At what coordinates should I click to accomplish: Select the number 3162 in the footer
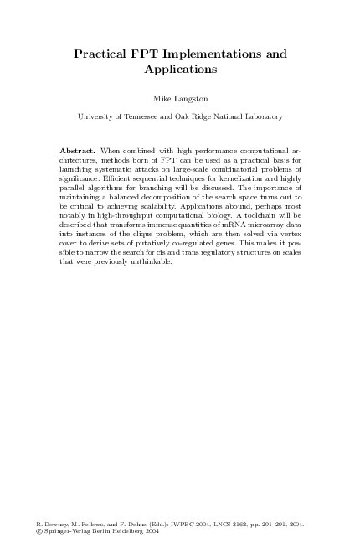[230, 524]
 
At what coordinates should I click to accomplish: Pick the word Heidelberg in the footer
[122, 531]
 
